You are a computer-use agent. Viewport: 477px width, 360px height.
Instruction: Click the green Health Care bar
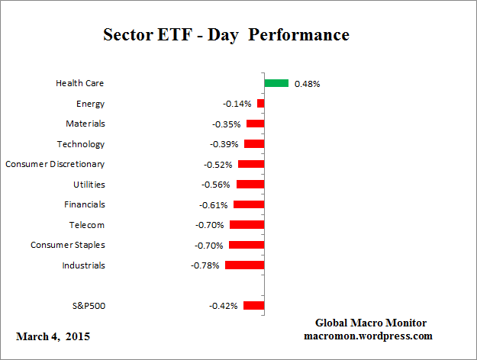click(276, 83)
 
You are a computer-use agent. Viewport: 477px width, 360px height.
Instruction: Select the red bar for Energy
click(260, 103)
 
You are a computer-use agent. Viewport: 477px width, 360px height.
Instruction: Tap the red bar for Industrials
click(244, 265)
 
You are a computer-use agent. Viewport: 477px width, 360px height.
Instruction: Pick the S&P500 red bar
click(253, 306)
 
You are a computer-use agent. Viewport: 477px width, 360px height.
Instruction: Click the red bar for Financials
click(249, 204)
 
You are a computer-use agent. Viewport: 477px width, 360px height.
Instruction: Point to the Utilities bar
click(250, 185)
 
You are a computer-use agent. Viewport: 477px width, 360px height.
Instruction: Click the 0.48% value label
click(307, 84)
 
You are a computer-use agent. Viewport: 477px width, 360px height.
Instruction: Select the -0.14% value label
click(237, 104)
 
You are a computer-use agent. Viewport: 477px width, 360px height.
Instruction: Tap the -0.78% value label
click(205, 265)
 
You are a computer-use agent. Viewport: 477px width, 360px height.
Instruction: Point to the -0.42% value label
click(223, 306)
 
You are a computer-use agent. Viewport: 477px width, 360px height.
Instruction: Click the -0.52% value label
click(218, 164)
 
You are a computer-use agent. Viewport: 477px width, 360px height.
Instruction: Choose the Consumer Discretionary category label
click(55, 164)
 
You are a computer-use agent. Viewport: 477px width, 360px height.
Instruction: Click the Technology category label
click(81, 144)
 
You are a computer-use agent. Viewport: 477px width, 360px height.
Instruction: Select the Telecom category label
click(87, 225)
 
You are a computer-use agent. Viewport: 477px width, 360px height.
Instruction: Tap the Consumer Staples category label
click(68, 245)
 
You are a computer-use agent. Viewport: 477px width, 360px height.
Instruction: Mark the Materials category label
click(85, 124)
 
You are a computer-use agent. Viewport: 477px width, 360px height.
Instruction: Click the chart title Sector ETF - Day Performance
click(226, 36)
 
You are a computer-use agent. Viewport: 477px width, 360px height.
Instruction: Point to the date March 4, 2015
click(53, 336)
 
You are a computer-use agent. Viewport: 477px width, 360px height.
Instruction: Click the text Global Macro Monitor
click(370, 323)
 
